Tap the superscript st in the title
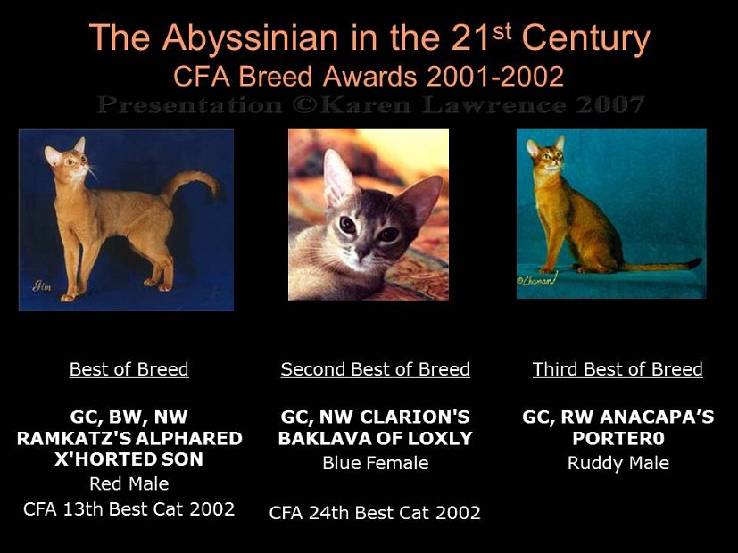point(502,30)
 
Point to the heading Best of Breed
point(129,369)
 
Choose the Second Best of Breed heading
point(375,369)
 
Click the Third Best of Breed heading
point(618,369)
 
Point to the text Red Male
point(129,483)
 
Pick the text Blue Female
point(375,463)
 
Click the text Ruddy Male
point(618,463)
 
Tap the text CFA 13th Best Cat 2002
point(129,508)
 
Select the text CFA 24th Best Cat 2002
point(375,512)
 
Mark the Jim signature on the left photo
point(42,286)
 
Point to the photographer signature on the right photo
point(538,281)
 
